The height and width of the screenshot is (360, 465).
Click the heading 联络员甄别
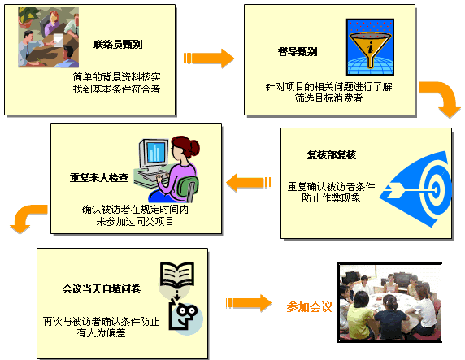118,45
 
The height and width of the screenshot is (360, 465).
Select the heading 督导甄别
298,51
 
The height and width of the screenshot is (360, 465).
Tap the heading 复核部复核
332,154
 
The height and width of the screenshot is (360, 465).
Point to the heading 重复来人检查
99,177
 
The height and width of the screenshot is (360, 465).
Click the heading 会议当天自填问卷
102,288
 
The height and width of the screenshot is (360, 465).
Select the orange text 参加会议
309,307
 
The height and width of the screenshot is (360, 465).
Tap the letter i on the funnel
370,47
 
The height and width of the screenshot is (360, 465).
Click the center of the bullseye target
435,189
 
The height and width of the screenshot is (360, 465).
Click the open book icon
177,275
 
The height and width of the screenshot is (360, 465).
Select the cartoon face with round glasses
184,316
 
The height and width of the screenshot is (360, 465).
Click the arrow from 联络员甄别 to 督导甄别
209,59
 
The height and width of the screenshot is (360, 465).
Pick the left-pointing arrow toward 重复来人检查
249,182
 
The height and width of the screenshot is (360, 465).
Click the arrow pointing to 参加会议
249,303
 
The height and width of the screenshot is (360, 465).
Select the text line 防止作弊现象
331,197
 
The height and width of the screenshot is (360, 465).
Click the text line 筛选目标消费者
328,98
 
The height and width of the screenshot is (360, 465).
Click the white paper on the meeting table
59,40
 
